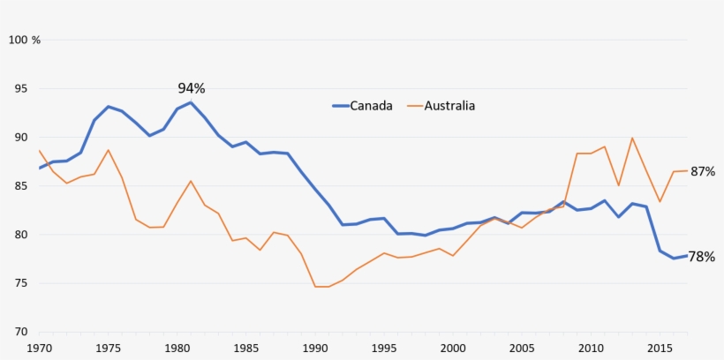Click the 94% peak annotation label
pos(192,88)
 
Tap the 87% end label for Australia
pos(702,171)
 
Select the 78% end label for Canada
pos(702,257)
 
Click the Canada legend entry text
pos(371,106)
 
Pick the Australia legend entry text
pos(449,106)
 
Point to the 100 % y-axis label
pos(25,40)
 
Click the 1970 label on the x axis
pos(40,349)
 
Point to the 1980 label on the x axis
pos(177,349)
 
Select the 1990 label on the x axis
pos(315,349)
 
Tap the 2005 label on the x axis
pos(522,349)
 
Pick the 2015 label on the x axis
pos(660,349)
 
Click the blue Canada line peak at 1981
pos(191,102)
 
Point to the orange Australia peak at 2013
pos(632,138)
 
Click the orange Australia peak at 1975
pos(108,150)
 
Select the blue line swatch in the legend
pos(340,106)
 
